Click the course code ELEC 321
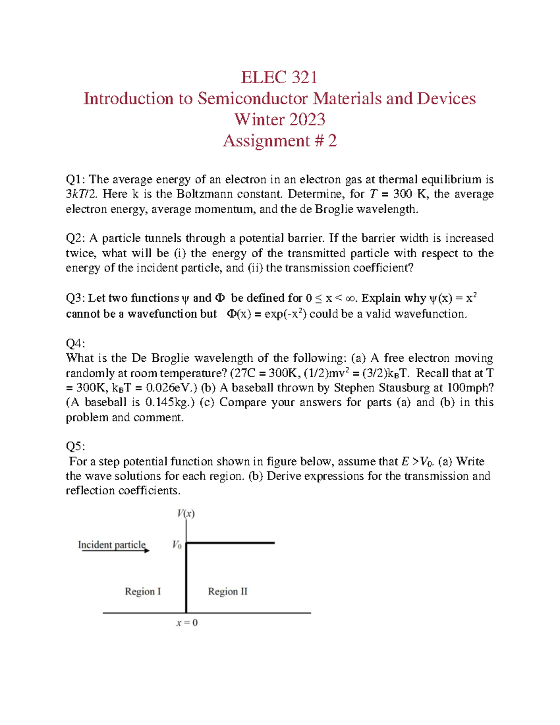[x=279, y=77]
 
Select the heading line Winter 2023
[x=279, y=120]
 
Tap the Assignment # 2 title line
[x=279, y=141]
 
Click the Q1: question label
[x=76, y=180]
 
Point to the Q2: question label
[x=76, y=239]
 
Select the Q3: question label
[x=76, y=298]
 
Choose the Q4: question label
[x=75, y=344]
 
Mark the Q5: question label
[x=75, y=447]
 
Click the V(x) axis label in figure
[x=186, y=514]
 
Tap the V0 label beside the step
[x=177, y=545]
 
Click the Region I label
[x=143, y=591]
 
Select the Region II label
[x=228, y=591]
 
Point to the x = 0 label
[x=187, y=623]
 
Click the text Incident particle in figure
[x=112, y=544]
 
